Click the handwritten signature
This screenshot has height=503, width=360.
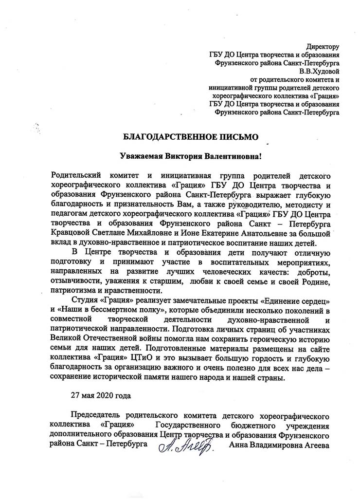click(x=183, y=445)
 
